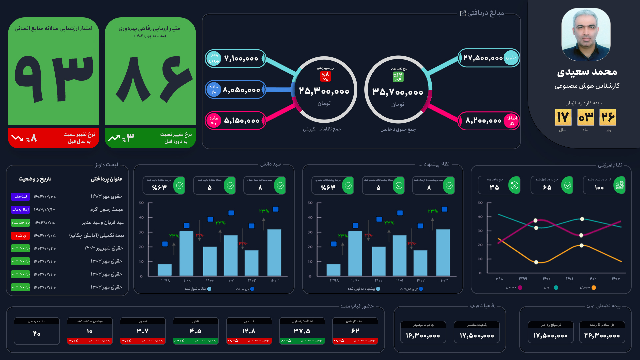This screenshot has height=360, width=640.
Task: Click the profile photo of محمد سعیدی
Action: coord(586,34)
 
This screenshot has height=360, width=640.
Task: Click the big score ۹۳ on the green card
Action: coord(54,79)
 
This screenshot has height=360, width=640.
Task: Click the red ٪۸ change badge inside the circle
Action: coord(325,76)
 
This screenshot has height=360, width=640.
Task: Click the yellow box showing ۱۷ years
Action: coord(563,117)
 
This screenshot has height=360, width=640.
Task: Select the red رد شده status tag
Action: coord(21,236)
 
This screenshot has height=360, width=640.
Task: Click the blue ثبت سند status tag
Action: coord(21,197)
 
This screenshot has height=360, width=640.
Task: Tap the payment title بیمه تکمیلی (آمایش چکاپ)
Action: coord(96,236)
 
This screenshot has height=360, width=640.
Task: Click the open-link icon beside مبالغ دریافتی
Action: coord(463,13)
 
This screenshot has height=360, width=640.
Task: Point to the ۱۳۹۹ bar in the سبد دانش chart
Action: coord(186,253)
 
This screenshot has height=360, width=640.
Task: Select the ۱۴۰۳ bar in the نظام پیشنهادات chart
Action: coord(443,252)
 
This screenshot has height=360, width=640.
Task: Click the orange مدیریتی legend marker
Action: coord(593,287)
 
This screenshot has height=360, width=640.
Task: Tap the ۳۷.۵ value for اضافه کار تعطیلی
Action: coord(302,331)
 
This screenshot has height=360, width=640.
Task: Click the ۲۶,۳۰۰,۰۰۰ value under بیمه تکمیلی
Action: coord(602,336)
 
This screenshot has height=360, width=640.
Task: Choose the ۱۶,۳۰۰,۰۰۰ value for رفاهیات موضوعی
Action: coord(423,336)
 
